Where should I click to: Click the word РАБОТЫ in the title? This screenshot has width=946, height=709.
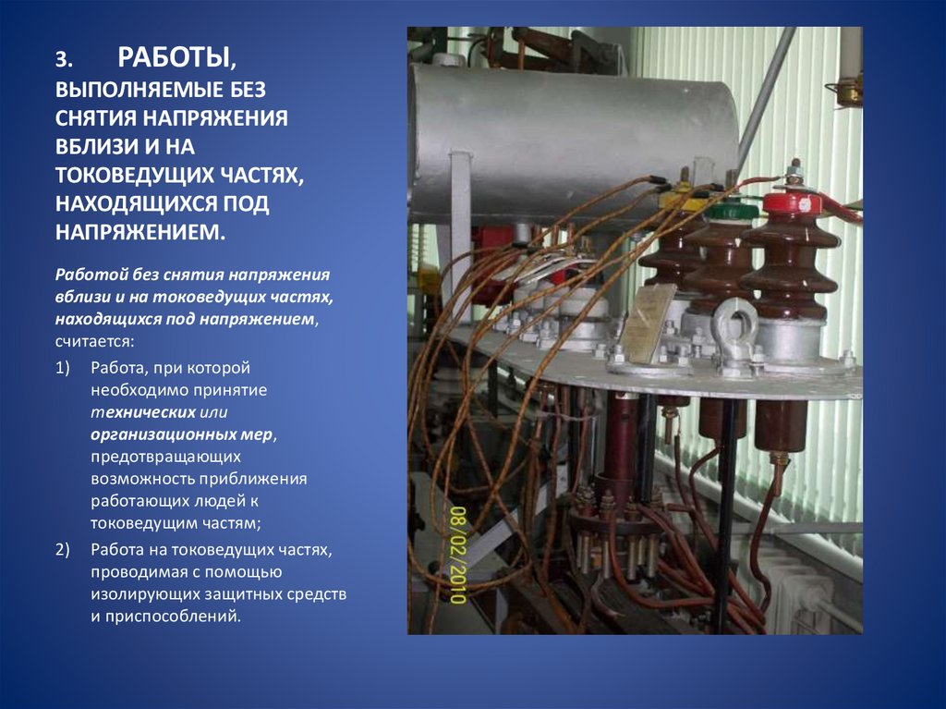click(174, 58)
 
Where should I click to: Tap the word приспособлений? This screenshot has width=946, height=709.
click(165, 615)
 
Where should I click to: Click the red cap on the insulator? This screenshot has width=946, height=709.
click(793, 203)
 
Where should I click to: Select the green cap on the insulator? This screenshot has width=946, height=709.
click(732, 212)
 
